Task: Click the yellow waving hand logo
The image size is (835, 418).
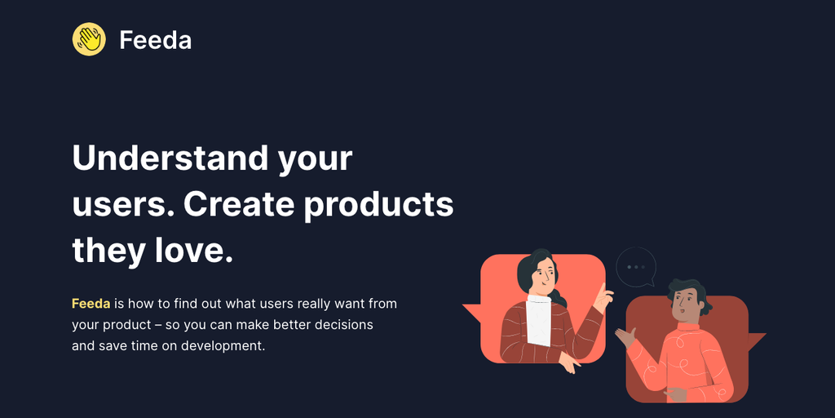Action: coord(89,39)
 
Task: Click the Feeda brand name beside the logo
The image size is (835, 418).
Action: coord(155,40)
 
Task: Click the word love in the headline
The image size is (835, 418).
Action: coord(187,251)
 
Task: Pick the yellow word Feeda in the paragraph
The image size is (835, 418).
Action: coord(91,304)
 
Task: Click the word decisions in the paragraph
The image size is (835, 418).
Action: coord(342,325)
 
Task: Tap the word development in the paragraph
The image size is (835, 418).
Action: coord(223,346)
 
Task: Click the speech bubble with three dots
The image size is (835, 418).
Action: coord(636,267)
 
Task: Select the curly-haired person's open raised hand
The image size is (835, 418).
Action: coord(625,337)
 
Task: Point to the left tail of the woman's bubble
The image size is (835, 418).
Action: coord(472,313)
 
